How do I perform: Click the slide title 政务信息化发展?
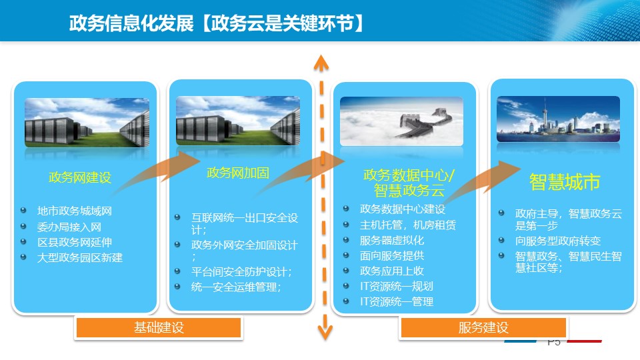coord(131,23)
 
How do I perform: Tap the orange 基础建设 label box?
coord(159,327)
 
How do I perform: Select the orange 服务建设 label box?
coord(483,327)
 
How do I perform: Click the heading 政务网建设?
coord(80,177)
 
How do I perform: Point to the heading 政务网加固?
coord(238,173)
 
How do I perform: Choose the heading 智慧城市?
coord(565,181)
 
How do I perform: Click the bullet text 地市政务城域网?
coord(75,211)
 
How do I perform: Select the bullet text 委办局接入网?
coord(69,227)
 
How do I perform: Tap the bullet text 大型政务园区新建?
coord(80,257)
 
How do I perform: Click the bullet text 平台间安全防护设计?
coord(241,272)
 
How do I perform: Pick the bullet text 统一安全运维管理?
coord(236,287)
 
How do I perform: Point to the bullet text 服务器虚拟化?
coord(392,240)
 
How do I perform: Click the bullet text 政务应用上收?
coord(392,271)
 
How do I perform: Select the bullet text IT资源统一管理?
coord(396,301)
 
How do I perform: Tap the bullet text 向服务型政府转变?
coord(558,241)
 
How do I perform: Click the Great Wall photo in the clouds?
coord(401,121)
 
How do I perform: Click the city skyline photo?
coord(559,119)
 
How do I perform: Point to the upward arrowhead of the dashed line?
coord(321,63)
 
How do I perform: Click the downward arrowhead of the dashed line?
coord(325,333)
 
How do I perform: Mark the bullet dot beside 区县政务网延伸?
coord(23,241)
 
